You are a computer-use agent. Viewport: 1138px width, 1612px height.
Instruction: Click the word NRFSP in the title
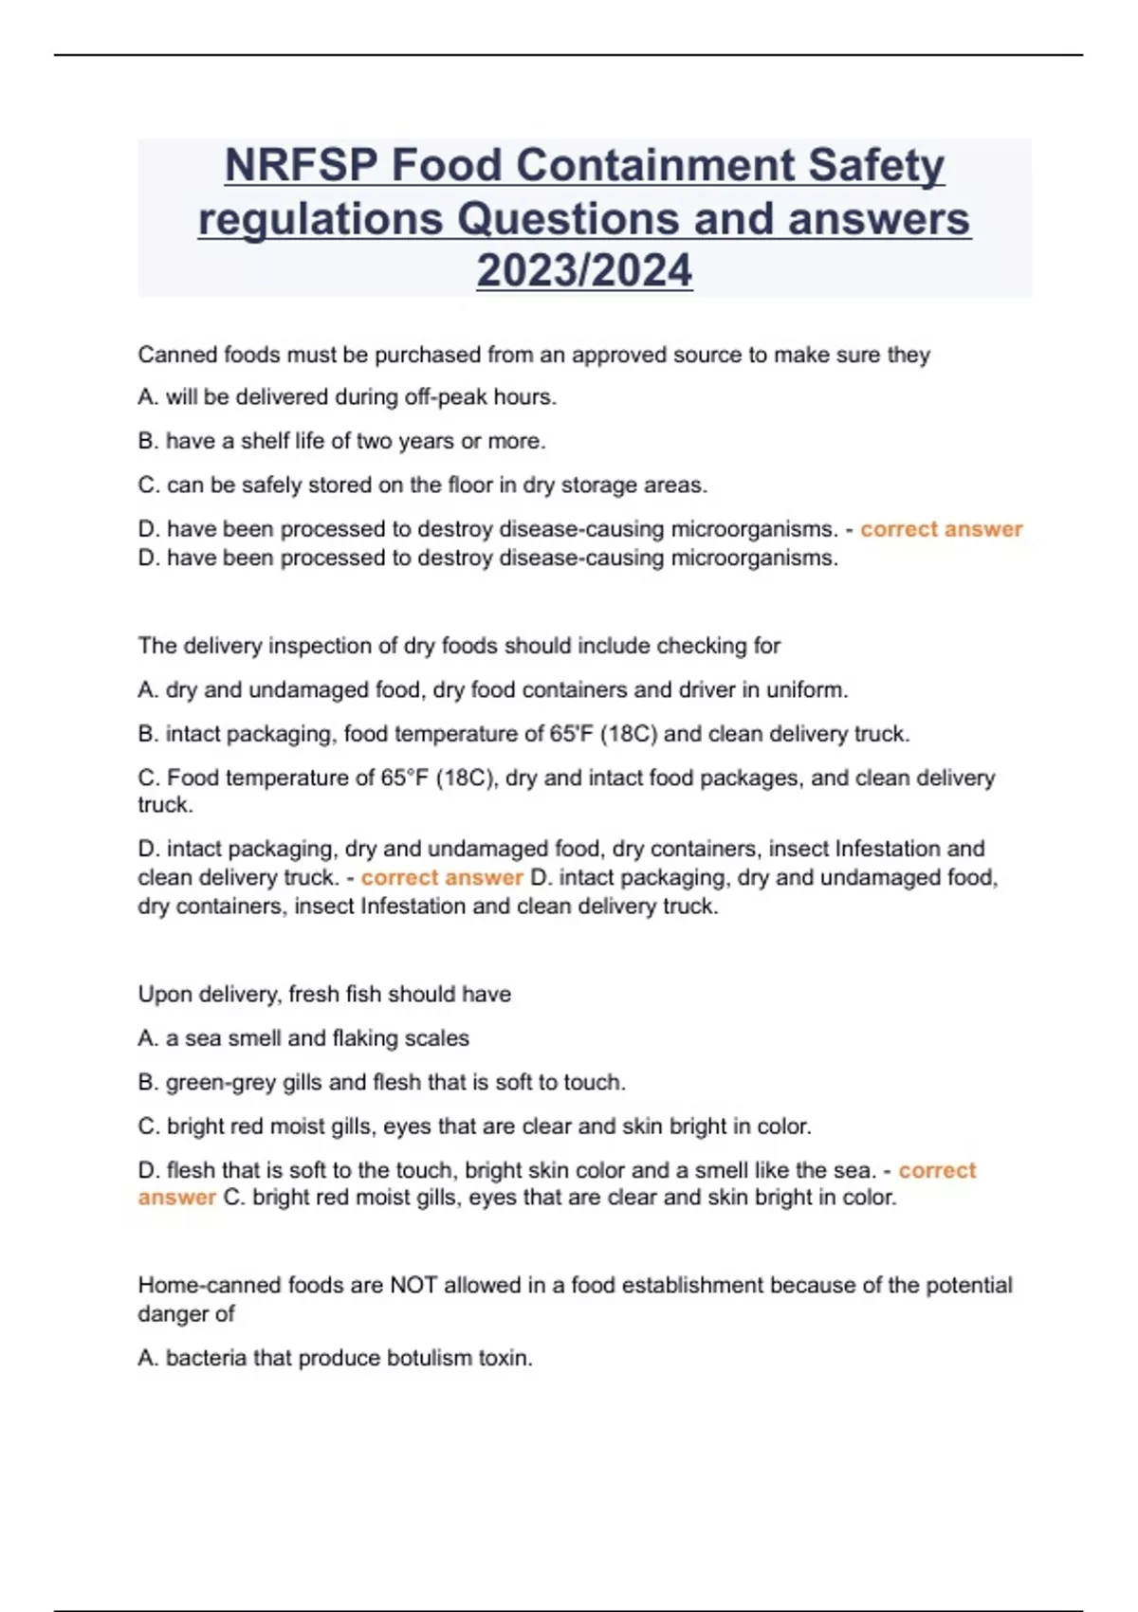301,166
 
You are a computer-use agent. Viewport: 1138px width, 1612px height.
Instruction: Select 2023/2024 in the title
584,271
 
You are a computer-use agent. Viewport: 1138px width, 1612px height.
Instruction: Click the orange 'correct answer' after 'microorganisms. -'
941,529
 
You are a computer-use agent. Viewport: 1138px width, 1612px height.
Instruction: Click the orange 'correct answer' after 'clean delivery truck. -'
442,878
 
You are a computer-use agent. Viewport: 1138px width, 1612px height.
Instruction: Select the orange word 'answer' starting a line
176,1198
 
